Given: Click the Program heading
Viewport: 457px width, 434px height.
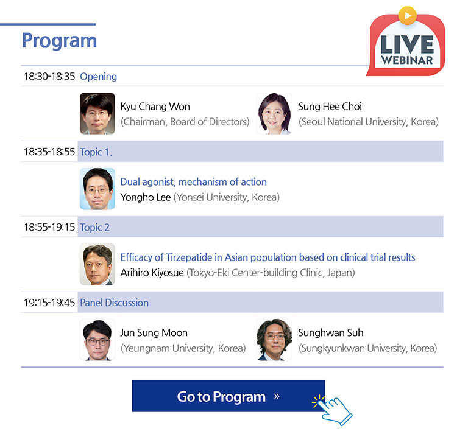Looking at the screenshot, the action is tap(59, 41).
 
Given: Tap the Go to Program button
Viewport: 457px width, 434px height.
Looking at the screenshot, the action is tap(228, 396).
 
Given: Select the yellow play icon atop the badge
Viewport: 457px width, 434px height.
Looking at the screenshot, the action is tap(408, 15).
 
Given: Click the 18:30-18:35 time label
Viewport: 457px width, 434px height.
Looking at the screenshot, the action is tap(49, 77).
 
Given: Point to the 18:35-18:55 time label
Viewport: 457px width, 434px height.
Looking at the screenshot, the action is tap(49, 152).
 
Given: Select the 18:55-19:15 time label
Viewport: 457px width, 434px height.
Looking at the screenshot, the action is tap(49, 227).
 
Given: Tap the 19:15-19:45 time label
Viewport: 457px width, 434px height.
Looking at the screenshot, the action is tap(49, 303).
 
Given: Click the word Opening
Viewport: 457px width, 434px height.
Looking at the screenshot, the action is tap(99, 77).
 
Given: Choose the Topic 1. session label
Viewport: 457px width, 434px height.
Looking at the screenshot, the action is tap(96, 152).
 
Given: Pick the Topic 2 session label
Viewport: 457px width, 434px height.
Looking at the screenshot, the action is tap(94, 227).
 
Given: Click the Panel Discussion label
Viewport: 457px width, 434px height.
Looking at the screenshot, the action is tap(115, 303).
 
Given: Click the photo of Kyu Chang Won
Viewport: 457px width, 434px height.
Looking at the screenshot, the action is tap(97, 113).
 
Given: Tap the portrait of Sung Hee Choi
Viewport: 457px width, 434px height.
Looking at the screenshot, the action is tap(274, 113).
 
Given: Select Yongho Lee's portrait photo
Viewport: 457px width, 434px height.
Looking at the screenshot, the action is tap(97, 189).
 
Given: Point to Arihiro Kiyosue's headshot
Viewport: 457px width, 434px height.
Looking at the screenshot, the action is tap(97, 264).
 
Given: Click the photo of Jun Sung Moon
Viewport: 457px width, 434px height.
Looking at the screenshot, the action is tap(97, 340).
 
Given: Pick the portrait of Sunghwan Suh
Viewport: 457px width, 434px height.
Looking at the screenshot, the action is tap(274, 340).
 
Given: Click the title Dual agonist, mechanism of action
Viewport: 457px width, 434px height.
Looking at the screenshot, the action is tap(194, 182).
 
